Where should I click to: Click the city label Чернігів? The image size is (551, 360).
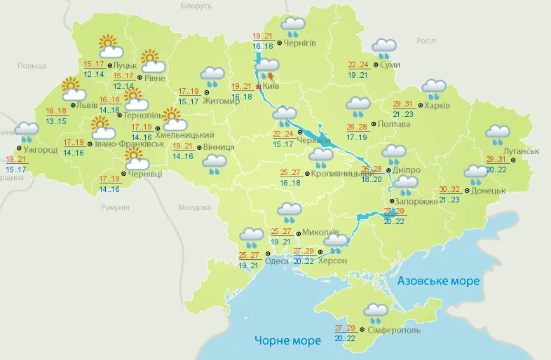(301, 43)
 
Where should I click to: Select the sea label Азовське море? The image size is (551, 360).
(438, 281)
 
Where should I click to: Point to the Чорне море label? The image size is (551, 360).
(287, 340)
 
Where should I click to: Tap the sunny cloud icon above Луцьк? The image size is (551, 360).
(111, 46)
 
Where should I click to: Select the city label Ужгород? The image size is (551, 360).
(40, 150)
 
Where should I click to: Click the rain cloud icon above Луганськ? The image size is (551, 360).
(498, 134)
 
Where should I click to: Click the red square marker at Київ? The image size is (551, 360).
(258, 87)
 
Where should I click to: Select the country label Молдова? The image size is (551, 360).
(194, 208)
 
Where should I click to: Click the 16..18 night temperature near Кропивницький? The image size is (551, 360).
(290, 183)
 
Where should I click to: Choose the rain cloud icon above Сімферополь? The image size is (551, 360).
(376, 312)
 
